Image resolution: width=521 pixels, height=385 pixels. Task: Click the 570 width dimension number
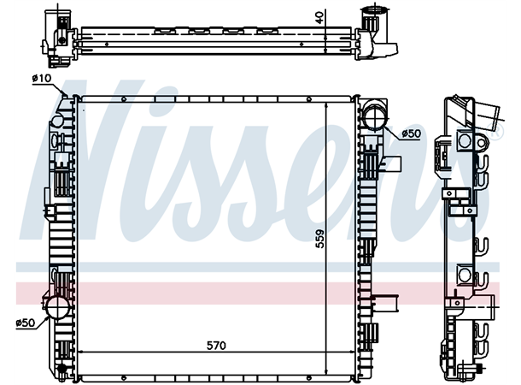tap(216, 346)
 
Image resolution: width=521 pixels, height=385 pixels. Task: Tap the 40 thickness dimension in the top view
tap(319, 17)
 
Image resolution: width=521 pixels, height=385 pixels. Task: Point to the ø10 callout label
tap(41, 79)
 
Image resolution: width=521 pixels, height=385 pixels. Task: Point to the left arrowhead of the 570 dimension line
tap(82, 353)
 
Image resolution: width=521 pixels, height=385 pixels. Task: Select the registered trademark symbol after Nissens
tap(494, 133)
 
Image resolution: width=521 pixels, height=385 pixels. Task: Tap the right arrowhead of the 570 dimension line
tap(352, 353)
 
